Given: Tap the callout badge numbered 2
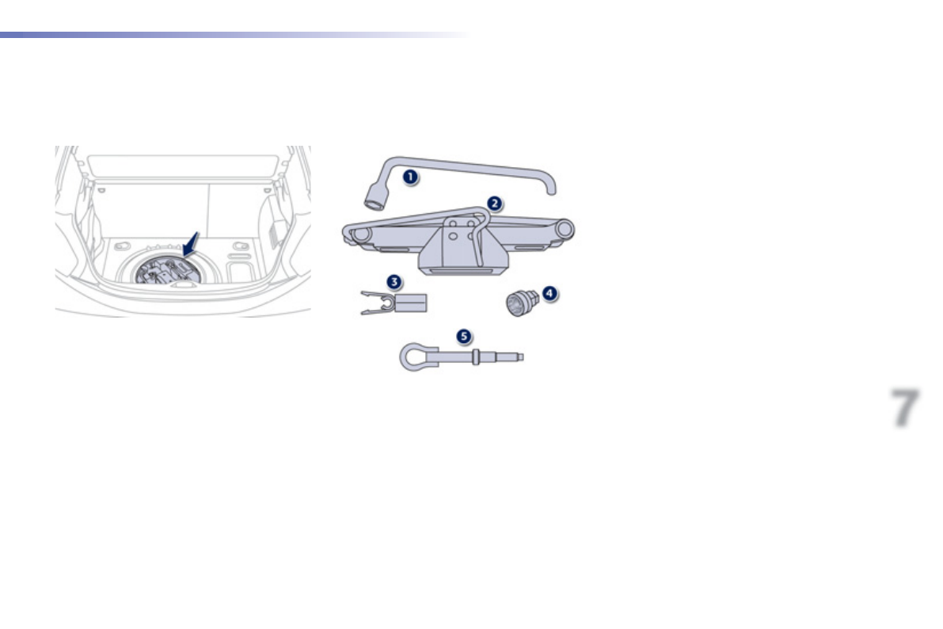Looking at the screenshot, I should [x=494, y=204].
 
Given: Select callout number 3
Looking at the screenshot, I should [x=394, y=281].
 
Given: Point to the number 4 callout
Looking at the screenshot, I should [x=549, y=293].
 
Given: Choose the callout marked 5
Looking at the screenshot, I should [x=463, y=336].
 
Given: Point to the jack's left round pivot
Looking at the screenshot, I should [x=361, y=234].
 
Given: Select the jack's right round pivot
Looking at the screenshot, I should [x=564, y=229].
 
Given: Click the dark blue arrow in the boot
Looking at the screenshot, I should [x=190, y=242].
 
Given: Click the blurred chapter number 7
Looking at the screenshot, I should [x=904, y=408].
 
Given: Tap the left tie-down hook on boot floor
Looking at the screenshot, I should [x=121, y=246].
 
